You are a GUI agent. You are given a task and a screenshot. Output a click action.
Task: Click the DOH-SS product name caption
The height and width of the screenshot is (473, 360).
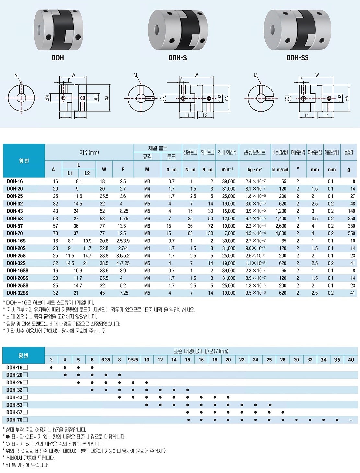[297, 58]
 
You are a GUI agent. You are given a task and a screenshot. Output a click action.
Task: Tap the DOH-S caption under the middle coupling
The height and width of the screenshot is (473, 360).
[178, 58]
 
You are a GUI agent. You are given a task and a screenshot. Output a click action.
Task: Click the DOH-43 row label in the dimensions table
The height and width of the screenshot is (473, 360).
[15, 211]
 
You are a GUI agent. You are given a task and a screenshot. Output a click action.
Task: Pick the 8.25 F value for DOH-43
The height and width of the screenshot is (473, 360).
[123, 211]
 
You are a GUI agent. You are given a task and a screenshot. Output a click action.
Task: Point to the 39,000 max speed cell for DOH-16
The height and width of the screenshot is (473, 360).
[229, 181]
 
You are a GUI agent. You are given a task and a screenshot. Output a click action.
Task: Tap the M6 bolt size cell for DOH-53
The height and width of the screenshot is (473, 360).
[147, 219]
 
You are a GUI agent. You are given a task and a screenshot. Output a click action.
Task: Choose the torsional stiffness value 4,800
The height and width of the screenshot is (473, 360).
[281, 233]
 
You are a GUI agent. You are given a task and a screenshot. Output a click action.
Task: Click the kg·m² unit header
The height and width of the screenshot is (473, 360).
[254, 170]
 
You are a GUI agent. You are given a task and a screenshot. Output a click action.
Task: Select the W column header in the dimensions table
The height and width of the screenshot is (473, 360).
[104, 169]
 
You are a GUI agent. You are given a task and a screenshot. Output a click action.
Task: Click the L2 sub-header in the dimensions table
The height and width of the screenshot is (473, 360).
[87, 173]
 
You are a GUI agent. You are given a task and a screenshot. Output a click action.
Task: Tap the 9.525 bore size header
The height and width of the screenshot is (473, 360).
[133, 360]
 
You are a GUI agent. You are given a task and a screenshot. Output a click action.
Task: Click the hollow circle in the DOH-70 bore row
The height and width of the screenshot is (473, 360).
[351, 420]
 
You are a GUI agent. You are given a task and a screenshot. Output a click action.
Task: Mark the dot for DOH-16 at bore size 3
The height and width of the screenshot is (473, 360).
[51, 368]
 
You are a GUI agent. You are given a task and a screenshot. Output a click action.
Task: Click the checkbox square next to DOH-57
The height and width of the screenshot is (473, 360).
[26, 412]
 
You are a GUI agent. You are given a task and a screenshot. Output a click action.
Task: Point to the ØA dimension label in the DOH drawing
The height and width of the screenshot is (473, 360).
[106, 97]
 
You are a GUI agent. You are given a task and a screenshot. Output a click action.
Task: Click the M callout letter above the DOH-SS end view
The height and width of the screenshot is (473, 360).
[256, 75]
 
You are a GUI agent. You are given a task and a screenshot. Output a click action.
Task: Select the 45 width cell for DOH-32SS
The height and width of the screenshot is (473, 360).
[104, 293]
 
